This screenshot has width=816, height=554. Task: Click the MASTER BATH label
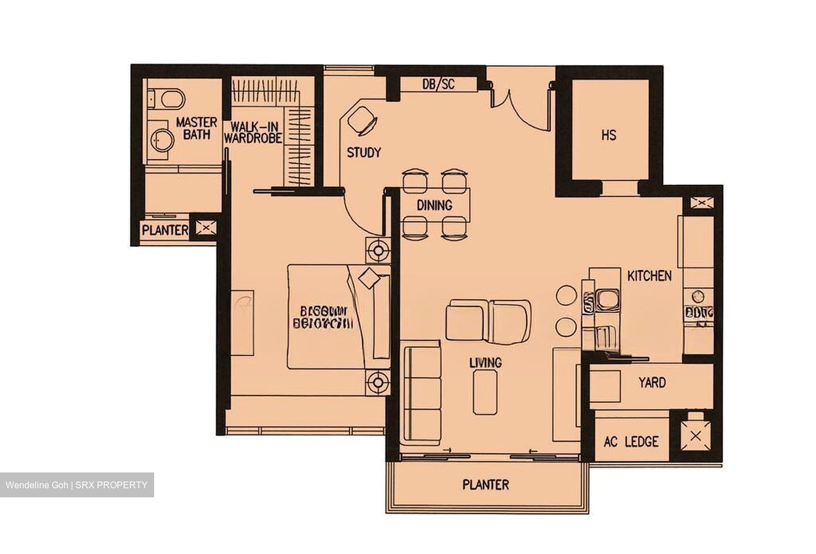pos(196,129)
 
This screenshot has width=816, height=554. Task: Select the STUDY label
pos(364,152)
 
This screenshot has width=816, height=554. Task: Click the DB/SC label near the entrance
pos(439,84)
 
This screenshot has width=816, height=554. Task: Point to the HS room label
pos(609,135)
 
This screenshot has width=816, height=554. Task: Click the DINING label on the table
pos(435,205)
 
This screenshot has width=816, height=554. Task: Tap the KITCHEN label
pos(649,276)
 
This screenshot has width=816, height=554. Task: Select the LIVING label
pos(485,363)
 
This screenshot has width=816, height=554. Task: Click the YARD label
pos(652,383)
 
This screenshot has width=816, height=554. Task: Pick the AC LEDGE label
pos(631,441)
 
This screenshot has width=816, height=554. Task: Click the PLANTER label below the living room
pos(486,485)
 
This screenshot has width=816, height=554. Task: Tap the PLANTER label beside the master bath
pos(165,231)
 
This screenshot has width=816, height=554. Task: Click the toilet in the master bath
pos(167,99)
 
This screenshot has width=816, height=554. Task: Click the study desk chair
pos(362,121)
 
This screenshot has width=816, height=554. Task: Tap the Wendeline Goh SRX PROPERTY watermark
pos(76,485)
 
